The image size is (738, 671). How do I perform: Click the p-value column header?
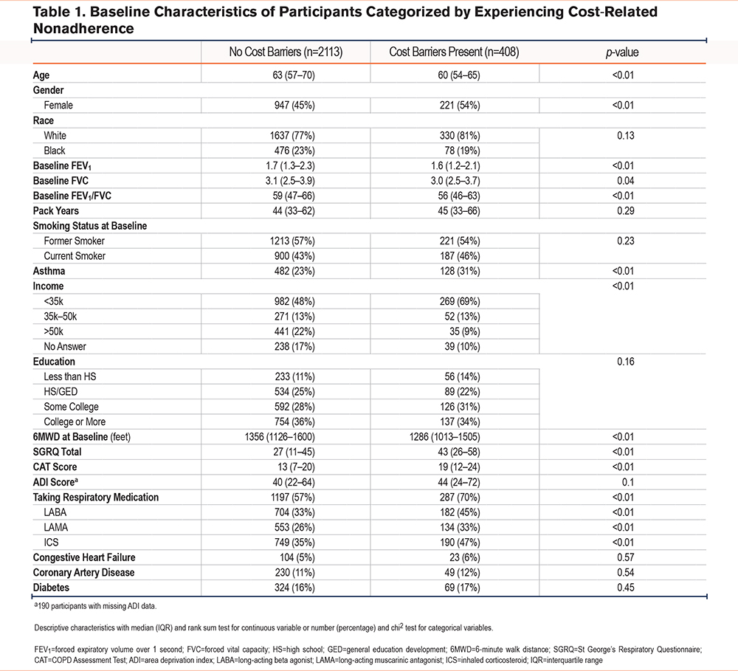coord(623,53)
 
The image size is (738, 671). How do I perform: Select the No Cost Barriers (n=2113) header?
coord(286,53)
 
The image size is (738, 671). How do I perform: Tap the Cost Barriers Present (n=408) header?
coord(454,53)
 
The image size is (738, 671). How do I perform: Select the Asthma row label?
coord(48,271)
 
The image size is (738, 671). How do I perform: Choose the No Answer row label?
coord(65,346)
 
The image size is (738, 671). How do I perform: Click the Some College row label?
coord(71,407)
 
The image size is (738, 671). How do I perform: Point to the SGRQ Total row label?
coord(61,452)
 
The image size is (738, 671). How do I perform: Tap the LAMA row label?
coord(56,527)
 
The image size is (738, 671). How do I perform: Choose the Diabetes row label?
coord(52,588)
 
